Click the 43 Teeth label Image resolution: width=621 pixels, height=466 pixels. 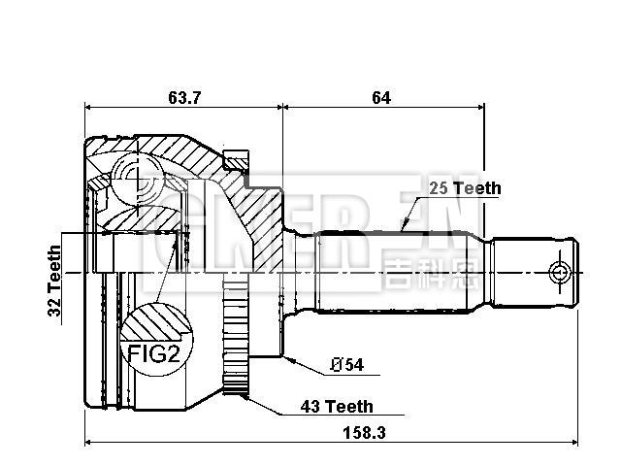click(336, 407)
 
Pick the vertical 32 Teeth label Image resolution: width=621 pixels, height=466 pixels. click(55, 283)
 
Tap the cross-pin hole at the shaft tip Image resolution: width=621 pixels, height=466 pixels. click(558, 271)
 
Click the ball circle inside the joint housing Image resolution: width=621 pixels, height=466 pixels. click(128, 173)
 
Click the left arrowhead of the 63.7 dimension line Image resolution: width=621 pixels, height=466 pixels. click(89, 107)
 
